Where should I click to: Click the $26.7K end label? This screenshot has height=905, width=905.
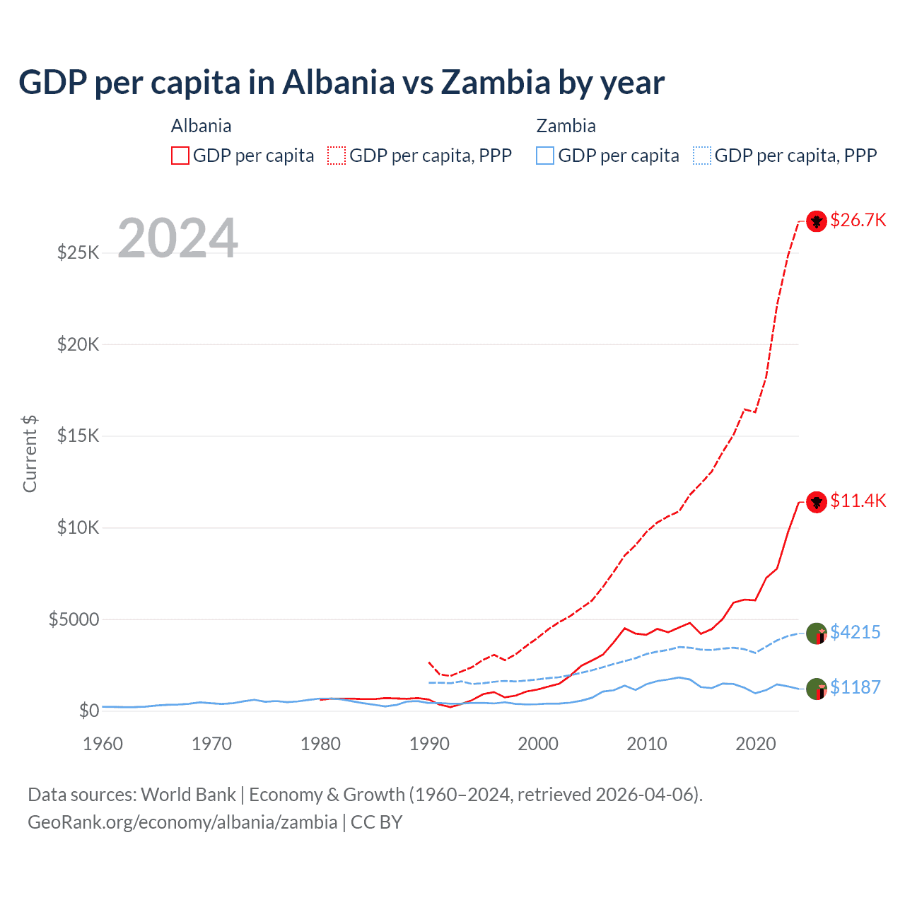pyautogui.click(x=858, y=221)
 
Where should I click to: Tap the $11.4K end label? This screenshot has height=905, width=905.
pyautogui.click(x=858, y=501)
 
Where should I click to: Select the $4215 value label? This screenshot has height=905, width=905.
pyautogui.click(x=855, y=632)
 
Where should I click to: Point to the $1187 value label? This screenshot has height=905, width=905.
pyautogui.click(x=855, y=687)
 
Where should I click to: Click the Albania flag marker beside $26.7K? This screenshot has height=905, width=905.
pyautogui.click(x=817, y=221)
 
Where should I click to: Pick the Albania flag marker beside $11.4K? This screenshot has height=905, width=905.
pyautogui.click(x=817, y=502)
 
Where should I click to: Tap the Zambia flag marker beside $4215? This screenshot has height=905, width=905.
pyautogui.click(x=817, y=633)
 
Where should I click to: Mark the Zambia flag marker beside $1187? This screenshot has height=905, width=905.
pyautogui.click(x=817, y=689)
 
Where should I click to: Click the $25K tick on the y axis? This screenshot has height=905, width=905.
pyautogui.click(x=78, y=252)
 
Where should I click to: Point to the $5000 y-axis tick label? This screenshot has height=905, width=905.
pyautogui.click(x=74, y=619)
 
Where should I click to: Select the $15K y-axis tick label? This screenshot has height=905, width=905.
pyautogui.click(x=78, y=436)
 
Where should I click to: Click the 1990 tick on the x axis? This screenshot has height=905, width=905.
pyautogui.click(x=429, y=744)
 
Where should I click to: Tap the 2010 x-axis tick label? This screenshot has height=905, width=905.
pyautogui.click(x=647, y=744)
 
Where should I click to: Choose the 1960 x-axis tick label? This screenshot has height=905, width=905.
pyautogui.click(x=103, y=744)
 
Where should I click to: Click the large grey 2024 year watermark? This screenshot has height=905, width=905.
pyautogui.click(x=177, y=238)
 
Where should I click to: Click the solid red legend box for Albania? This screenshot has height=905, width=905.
pyautogui.click(x=180, y=156)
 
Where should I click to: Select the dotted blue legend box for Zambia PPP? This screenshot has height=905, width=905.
pyautogui.click(x=702, y=156)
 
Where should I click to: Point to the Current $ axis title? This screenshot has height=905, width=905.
pyautogui.click(x=30, y=454)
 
